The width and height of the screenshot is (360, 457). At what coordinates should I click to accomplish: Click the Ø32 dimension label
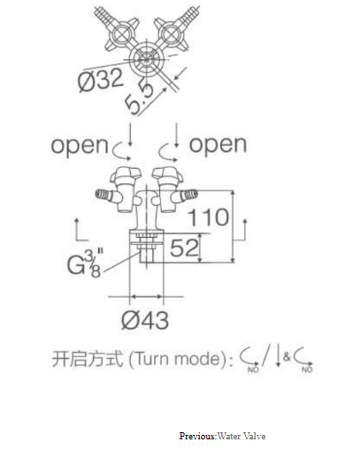pyautogui.click(x=100, y=80)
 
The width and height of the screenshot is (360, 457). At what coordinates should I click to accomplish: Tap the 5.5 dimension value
pyautogui.click(x=140, y=98)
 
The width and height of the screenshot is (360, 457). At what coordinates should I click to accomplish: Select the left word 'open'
pyautogui.click(x=80, y=145)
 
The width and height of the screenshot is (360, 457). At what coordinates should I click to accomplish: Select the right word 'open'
pyautogui.click(x=218, y=144)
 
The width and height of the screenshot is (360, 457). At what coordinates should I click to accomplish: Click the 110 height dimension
pyautogui.click(x=209, y=217)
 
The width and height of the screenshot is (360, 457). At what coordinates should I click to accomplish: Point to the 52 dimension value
pyautogui.click(x=184, y=248)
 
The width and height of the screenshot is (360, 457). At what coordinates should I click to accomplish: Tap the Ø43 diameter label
pyautogui.click(x=145, y=320)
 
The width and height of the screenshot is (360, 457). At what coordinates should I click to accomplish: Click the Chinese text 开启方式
pyautogui.click(x=88, y=359)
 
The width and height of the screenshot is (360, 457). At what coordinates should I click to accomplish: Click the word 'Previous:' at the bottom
pyautogui.click(x=198, y=436)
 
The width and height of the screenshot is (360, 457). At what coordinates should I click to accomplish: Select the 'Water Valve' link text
pyautogui.click(x=241, y=436)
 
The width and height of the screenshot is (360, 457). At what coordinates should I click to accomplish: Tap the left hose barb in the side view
pyautogui.click(x=104, y=194)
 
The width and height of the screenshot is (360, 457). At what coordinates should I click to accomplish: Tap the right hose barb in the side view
pyautogui.click(x=188, y=194)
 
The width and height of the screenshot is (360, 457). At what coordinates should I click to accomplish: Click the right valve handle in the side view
pyautogui.click(x=168, y=174)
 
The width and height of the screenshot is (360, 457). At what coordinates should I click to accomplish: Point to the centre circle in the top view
pyautogui.click(x=146, y=59)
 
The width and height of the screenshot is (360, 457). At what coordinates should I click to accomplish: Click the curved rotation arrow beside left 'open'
pyautogui.click(x=121, y=151)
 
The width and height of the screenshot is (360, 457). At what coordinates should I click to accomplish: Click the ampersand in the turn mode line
pyautogui.click(x=287, y=357)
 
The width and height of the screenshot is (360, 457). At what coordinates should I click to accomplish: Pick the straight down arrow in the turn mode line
pyautogui.click(x=278, y=355)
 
